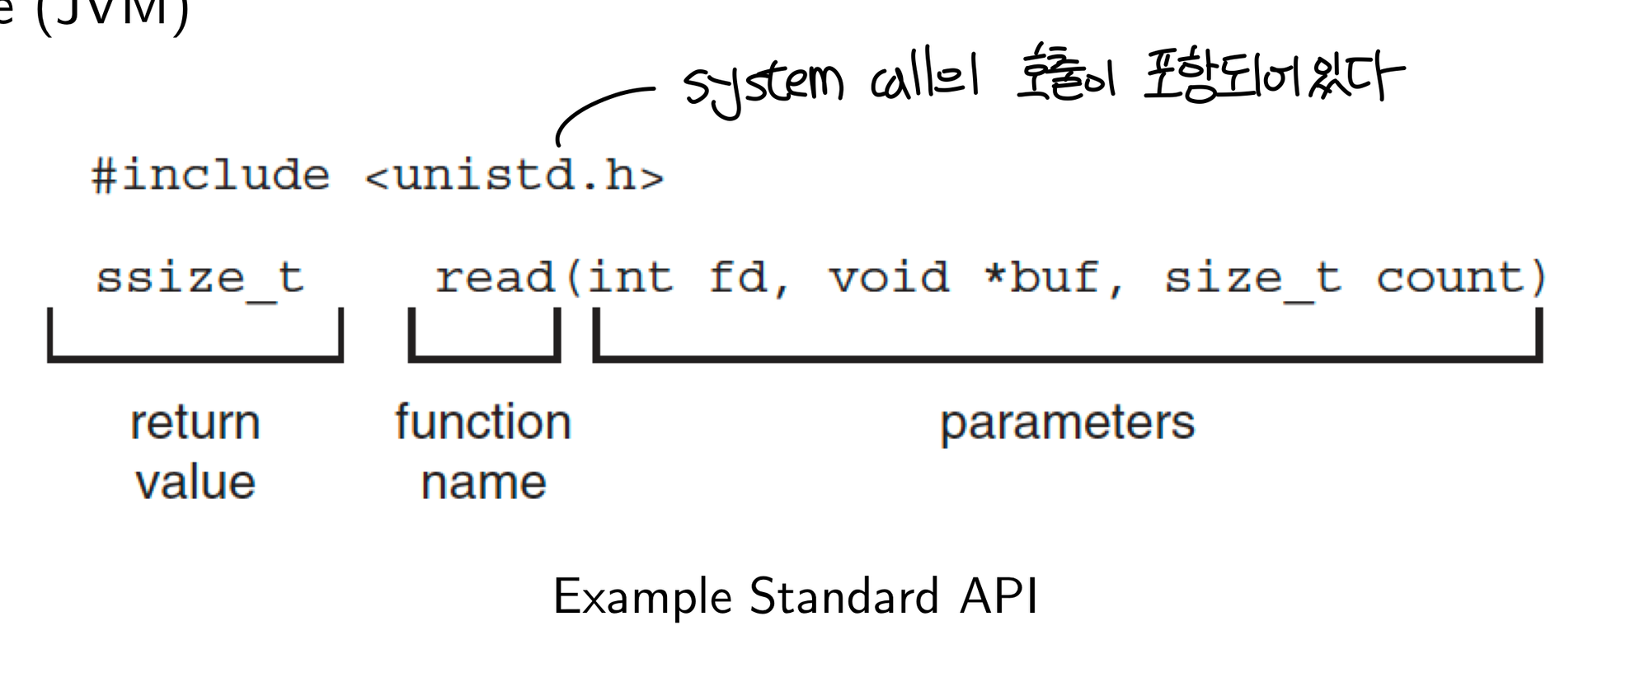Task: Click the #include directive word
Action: click(x=210, y=176)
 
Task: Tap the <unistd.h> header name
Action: click(x=514, y=176)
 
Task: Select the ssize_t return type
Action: click(x=200, y=278)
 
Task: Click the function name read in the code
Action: click(x=495, y=278)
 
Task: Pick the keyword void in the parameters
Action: click(x=889, y=278)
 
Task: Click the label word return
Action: click(x=195, y=423)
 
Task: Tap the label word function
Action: click(x=483, y=423)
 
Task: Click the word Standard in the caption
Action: click(x=844, y=596)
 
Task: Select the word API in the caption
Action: click(x=998, y=596)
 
